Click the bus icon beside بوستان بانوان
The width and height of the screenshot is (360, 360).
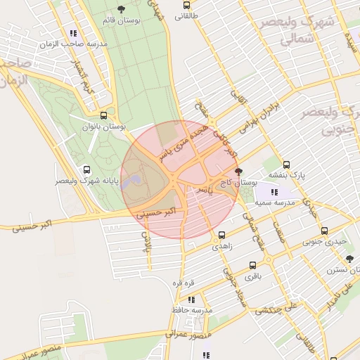[103, 116]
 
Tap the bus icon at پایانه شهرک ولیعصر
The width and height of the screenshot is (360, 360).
[87, 170]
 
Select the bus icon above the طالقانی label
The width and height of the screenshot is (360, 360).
[186, 5]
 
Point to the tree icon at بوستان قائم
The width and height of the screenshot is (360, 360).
[121, 9]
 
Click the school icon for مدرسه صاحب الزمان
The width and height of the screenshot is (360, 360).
[74, 33]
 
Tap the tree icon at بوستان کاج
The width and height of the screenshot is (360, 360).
[238, 172]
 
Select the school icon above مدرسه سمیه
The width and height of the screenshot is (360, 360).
[274, 191]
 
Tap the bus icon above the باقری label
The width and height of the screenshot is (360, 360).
[252, 266]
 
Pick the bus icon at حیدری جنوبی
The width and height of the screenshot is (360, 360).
[324, 230]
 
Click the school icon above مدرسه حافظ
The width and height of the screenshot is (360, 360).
[191, 300]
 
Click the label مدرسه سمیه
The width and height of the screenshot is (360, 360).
[274, 202]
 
